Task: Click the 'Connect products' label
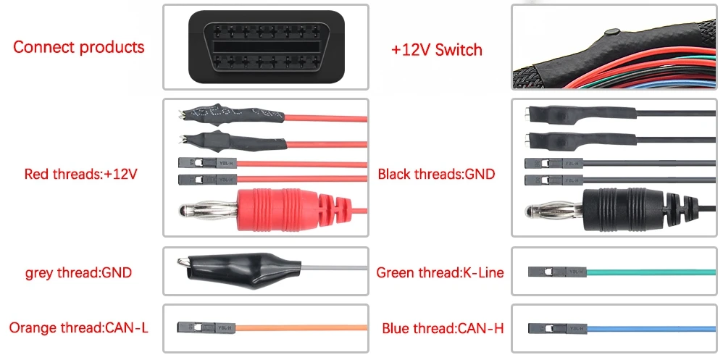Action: (79, 48)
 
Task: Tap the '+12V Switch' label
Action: (436, 50)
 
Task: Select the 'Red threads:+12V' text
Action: (80, 175)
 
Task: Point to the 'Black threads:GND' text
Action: (436, 175)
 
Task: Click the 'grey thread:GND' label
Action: (79, 273)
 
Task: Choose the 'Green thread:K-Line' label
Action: (440, 273)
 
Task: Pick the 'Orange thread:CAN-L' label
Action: (79, 327)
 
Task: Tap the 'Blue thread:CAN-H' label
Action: (443, 327)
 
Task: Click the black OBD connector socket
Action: (265, 47)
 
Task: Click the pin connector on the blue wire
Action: (557, 328)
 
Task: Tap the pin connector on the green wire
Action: (557, 272)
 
